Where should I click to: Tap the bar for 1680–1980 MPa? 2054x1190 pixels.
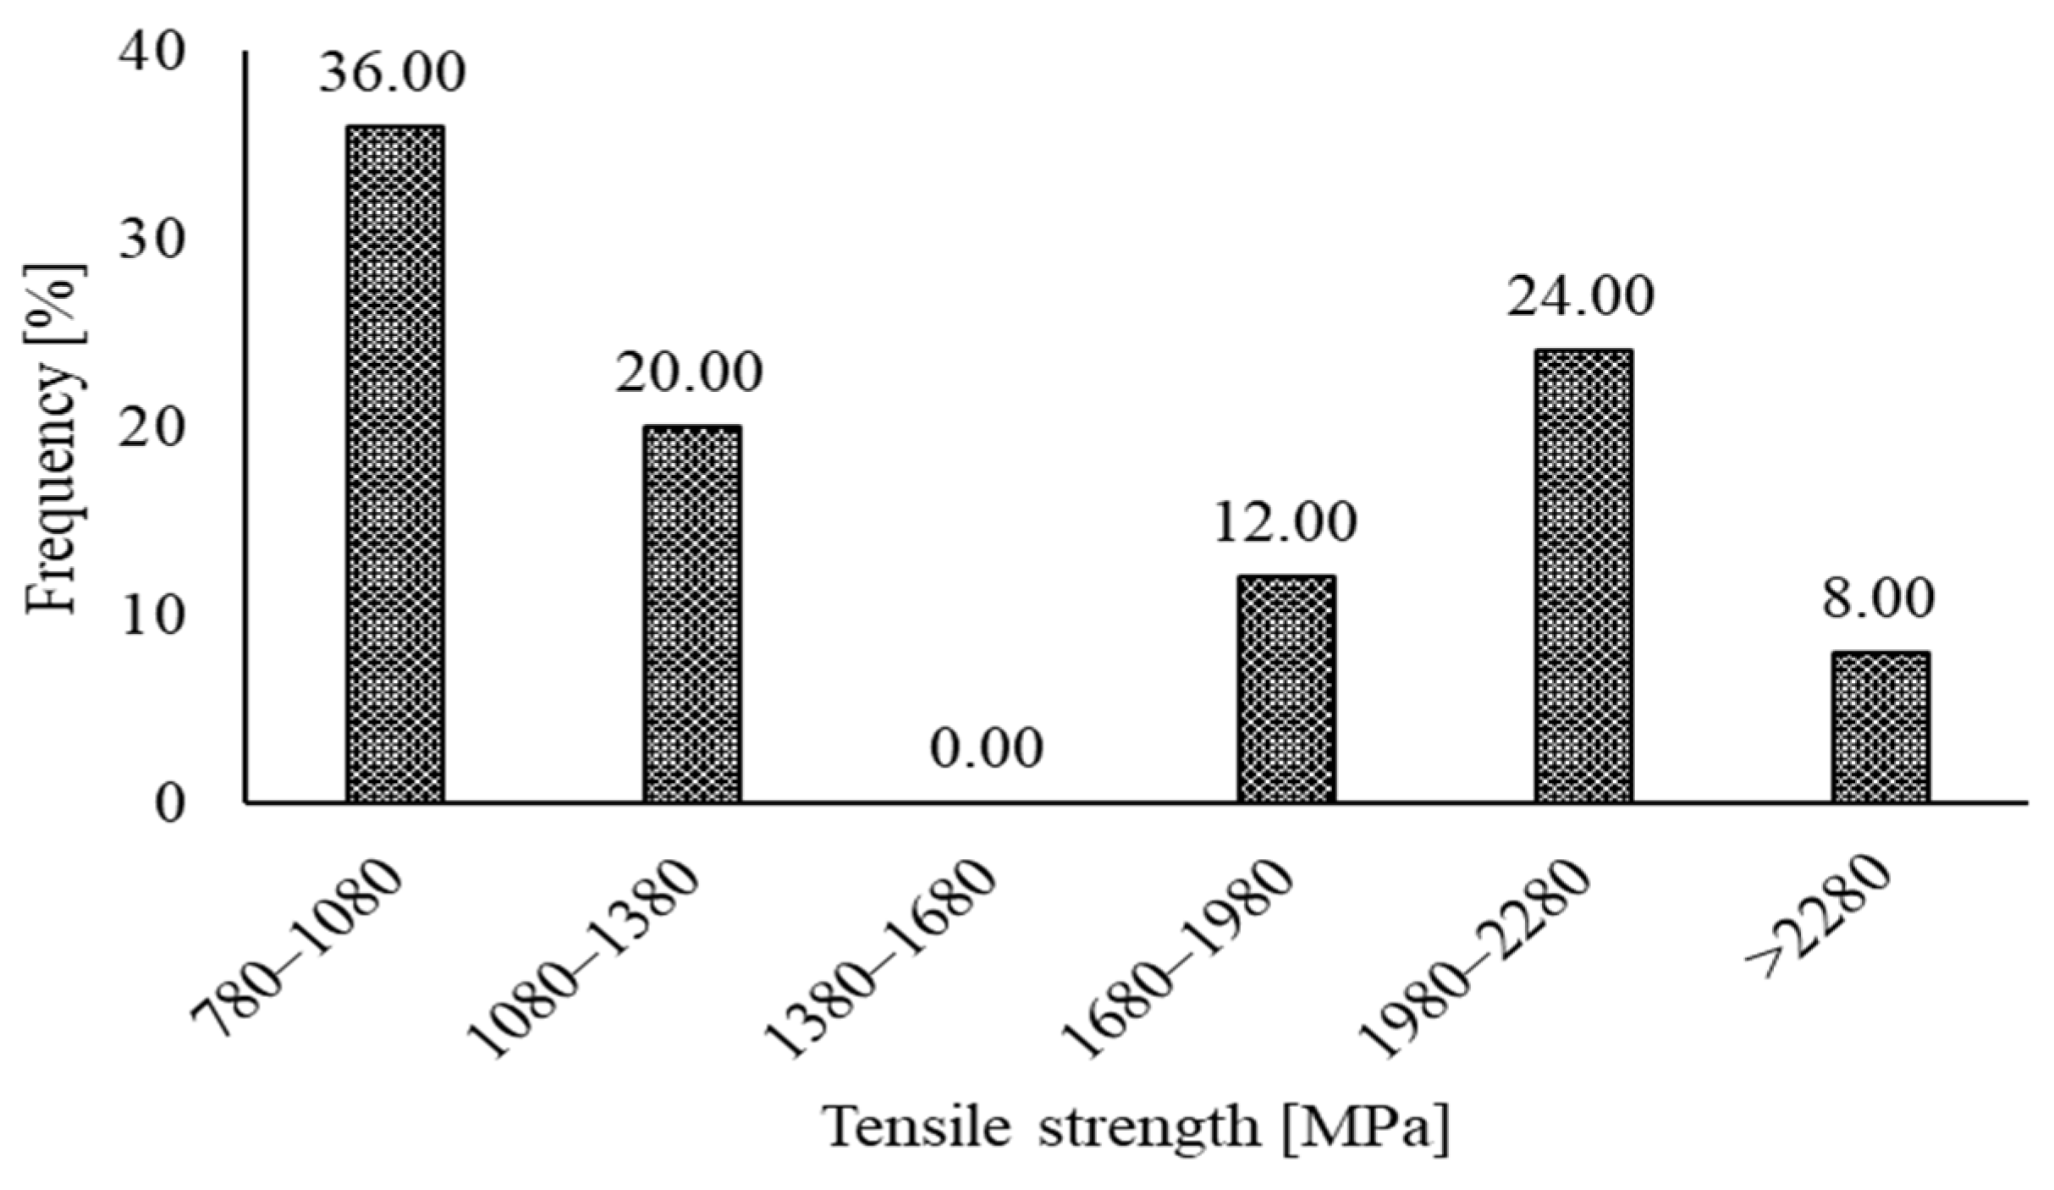pyautogui.click(x=1286, y=689)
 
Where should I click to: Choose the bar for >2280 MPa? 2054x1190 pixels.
pyautogui.click(x=1881, y=727)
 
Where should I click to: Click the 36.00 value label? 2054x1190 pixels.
pyautogui.click(x=392, y=74)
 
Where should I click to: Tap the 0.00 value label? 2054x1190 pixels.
pyautogui.click(x=987, y=750)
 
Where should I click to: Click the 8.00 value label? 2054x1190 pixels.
pyautogui.click(x=1878, y=599)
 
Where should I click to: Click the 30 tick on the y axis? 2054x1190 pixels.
pyautogui.click(x=151, y=242)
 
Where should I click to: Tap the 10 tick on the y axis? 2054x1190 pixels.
pyautogui.click(x=151, y=618)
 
